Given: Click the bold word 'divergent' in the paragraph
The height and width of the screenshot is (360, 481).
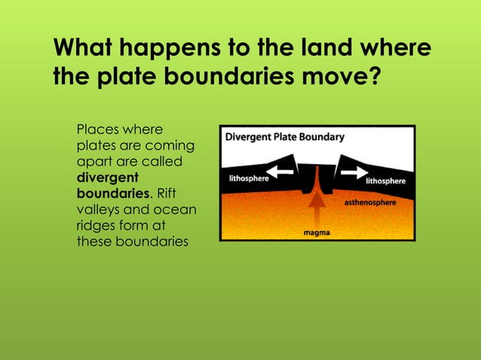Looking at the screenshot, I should tap(107, 178).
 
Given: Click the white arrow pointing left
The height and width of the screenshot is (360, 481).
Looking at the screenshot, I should tap(281, 171).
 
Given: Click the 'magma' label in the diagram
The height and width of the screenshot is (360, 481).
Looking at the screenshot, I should tap(316, 233).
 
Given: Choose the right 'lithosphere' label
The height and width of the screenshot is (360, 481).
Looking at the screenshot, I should tap(386, 181).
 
